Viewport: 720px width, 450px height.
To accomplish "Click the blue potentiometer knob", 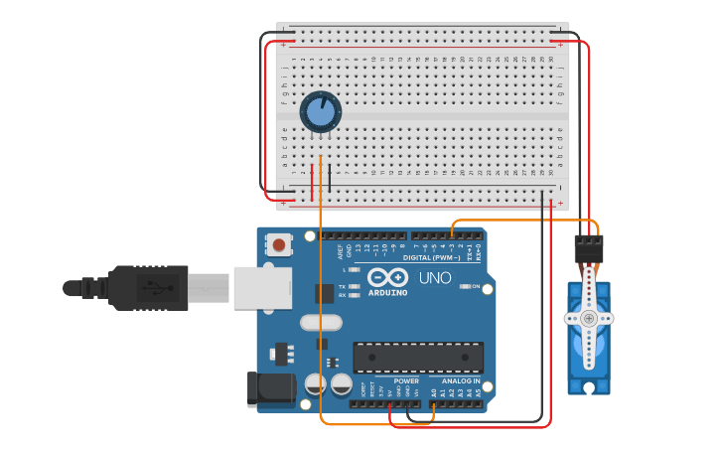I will click(320, 111).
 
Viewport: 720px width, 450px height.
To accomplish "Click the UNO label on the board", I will click(435, 278).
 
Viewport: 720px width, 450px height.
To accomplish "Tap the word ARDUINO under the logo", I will click(387, 292).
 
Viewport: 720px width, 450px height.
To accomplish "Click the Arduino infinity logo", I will click(386, 277).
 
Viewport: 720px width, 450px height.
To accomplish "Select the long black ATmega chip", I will click(418, 358).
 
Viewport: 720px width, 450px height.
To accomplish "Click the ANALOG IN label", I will click(460, 380).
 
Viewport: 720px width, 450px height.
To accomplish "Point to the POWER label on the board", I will click(406, 380).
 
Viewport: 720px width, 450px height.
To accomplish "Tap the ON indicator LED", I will click(464, 286).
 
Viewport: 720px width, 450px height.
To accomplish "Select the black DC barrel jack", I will click(270, 388).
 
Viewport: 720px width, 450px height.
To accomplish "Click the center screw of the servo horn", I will click(589, 319).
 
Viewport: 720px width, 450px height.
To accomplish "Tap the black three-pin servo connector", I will click(589, 248).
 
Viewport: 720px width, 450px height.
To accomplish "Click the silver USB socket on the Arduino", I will click(262, 287).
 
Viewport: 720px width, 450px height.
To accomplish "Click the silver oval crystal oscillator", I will click(320, 322).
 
